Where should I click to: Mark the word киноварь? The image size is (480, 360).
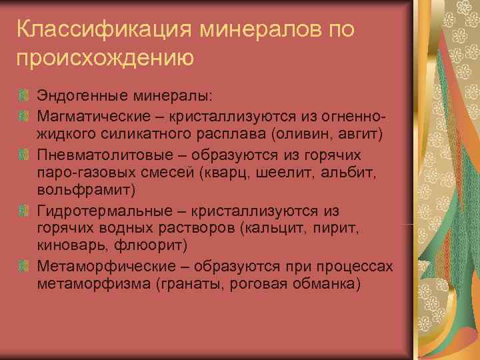(x=69, y=247)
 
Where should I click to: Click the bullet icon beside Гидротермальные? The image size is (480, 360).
(x=24, y=211)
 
